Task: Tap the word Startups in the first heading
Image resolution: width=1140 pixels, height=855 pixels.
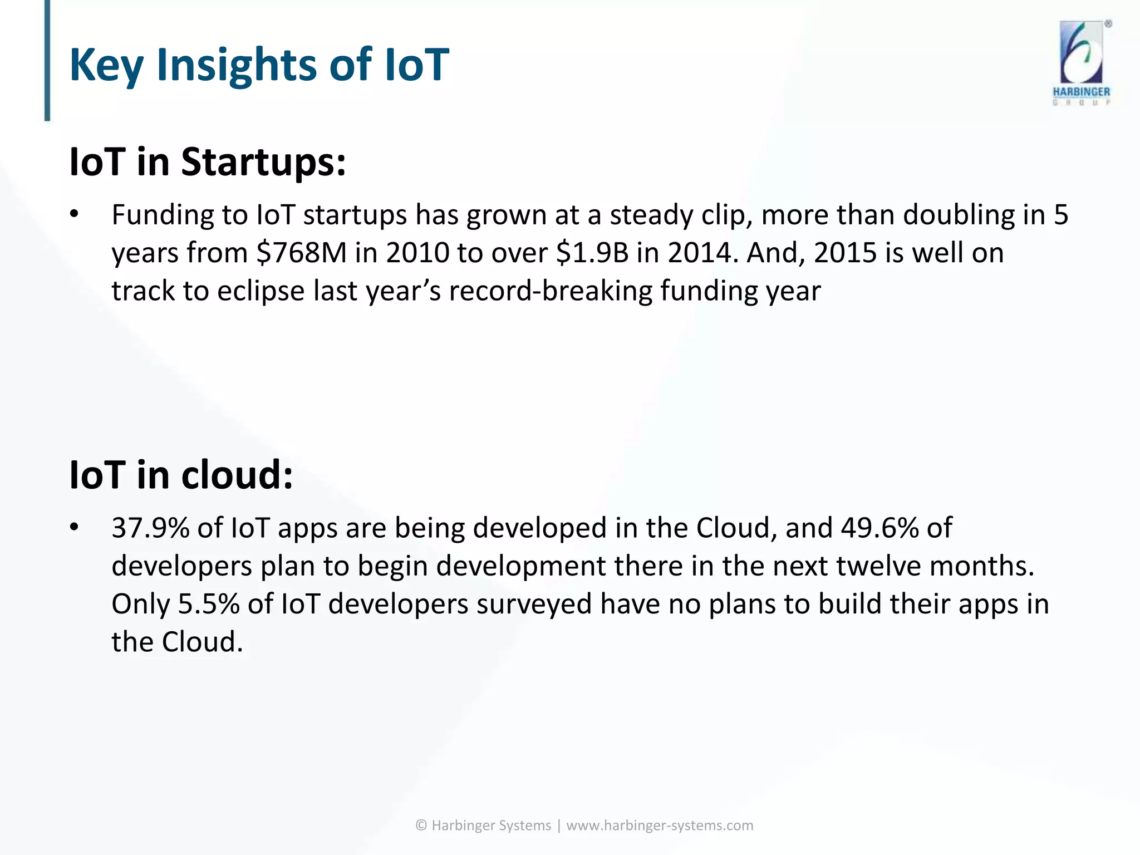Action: coord(263,163)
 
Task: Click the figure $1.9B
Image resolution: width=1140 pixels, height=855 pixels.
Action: coord(592,253)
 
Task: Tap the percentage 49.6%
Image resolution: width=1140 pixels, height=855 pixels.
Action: coord(879,528)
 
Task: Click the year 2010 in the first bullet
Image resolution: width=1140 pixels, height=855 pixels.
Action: coord(417,253)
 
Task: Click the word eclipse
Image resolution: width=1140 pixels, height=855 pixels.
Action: coord(261,291)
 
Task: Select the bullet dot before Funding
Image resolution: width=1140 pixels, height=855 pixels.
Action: coord(75,215)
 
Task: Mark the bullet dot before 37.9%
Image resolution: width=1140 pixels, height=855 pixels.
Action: coord(75,528)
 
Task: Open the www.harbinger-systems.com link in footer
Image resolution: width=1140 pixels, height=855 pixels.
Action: coord(660,825)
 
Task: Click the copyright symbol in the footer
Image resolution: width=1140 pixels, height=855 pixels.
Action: coord(421,825)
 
